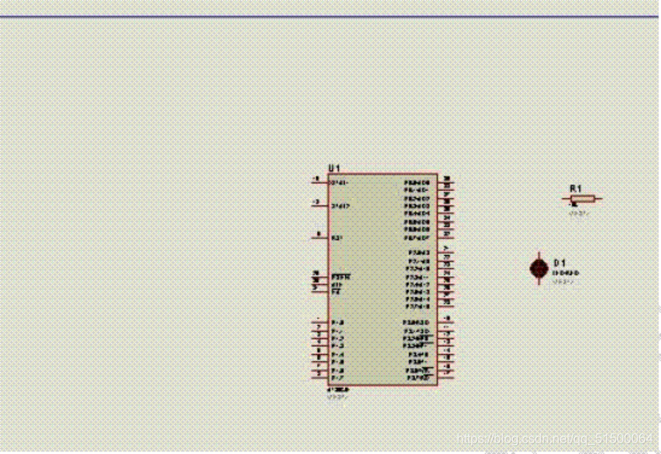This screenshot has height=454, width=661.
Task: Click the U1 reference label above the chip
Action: click(x=334, y=167)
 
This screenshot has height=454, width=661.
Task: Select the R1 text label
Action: click(x=575, y=188)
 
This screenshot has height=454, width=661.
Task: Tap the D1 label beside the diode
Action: click(x=560, y=263)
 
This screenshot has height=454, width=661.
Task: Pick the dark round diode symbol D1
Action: click(x=539, y=267)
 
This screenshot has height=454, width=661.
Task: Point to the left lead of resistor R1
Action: click(x=566, y=198)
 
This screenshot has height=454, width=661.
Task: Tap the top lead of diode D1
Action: click(x=539, y=254)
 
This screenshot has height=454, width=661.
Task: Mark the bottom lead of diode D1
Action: click(x=539, y=281)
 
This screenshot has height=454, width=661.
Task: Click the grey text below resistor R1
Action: click(x=579, y=214)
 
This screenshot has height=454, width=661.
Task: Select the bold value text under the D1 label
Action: click(x=565, y=273)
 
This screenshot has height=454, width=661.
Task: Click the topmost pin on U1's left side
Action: click(x=320, y=182)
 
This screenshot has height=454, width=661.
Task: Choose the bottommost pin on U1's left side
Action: click(x=320, y=377)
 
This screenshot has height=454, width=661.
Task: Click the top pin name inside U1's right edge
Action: click(x=417, y=183)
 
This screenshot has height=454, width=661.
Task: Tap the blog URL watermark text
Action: click(x=554, y=438)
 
